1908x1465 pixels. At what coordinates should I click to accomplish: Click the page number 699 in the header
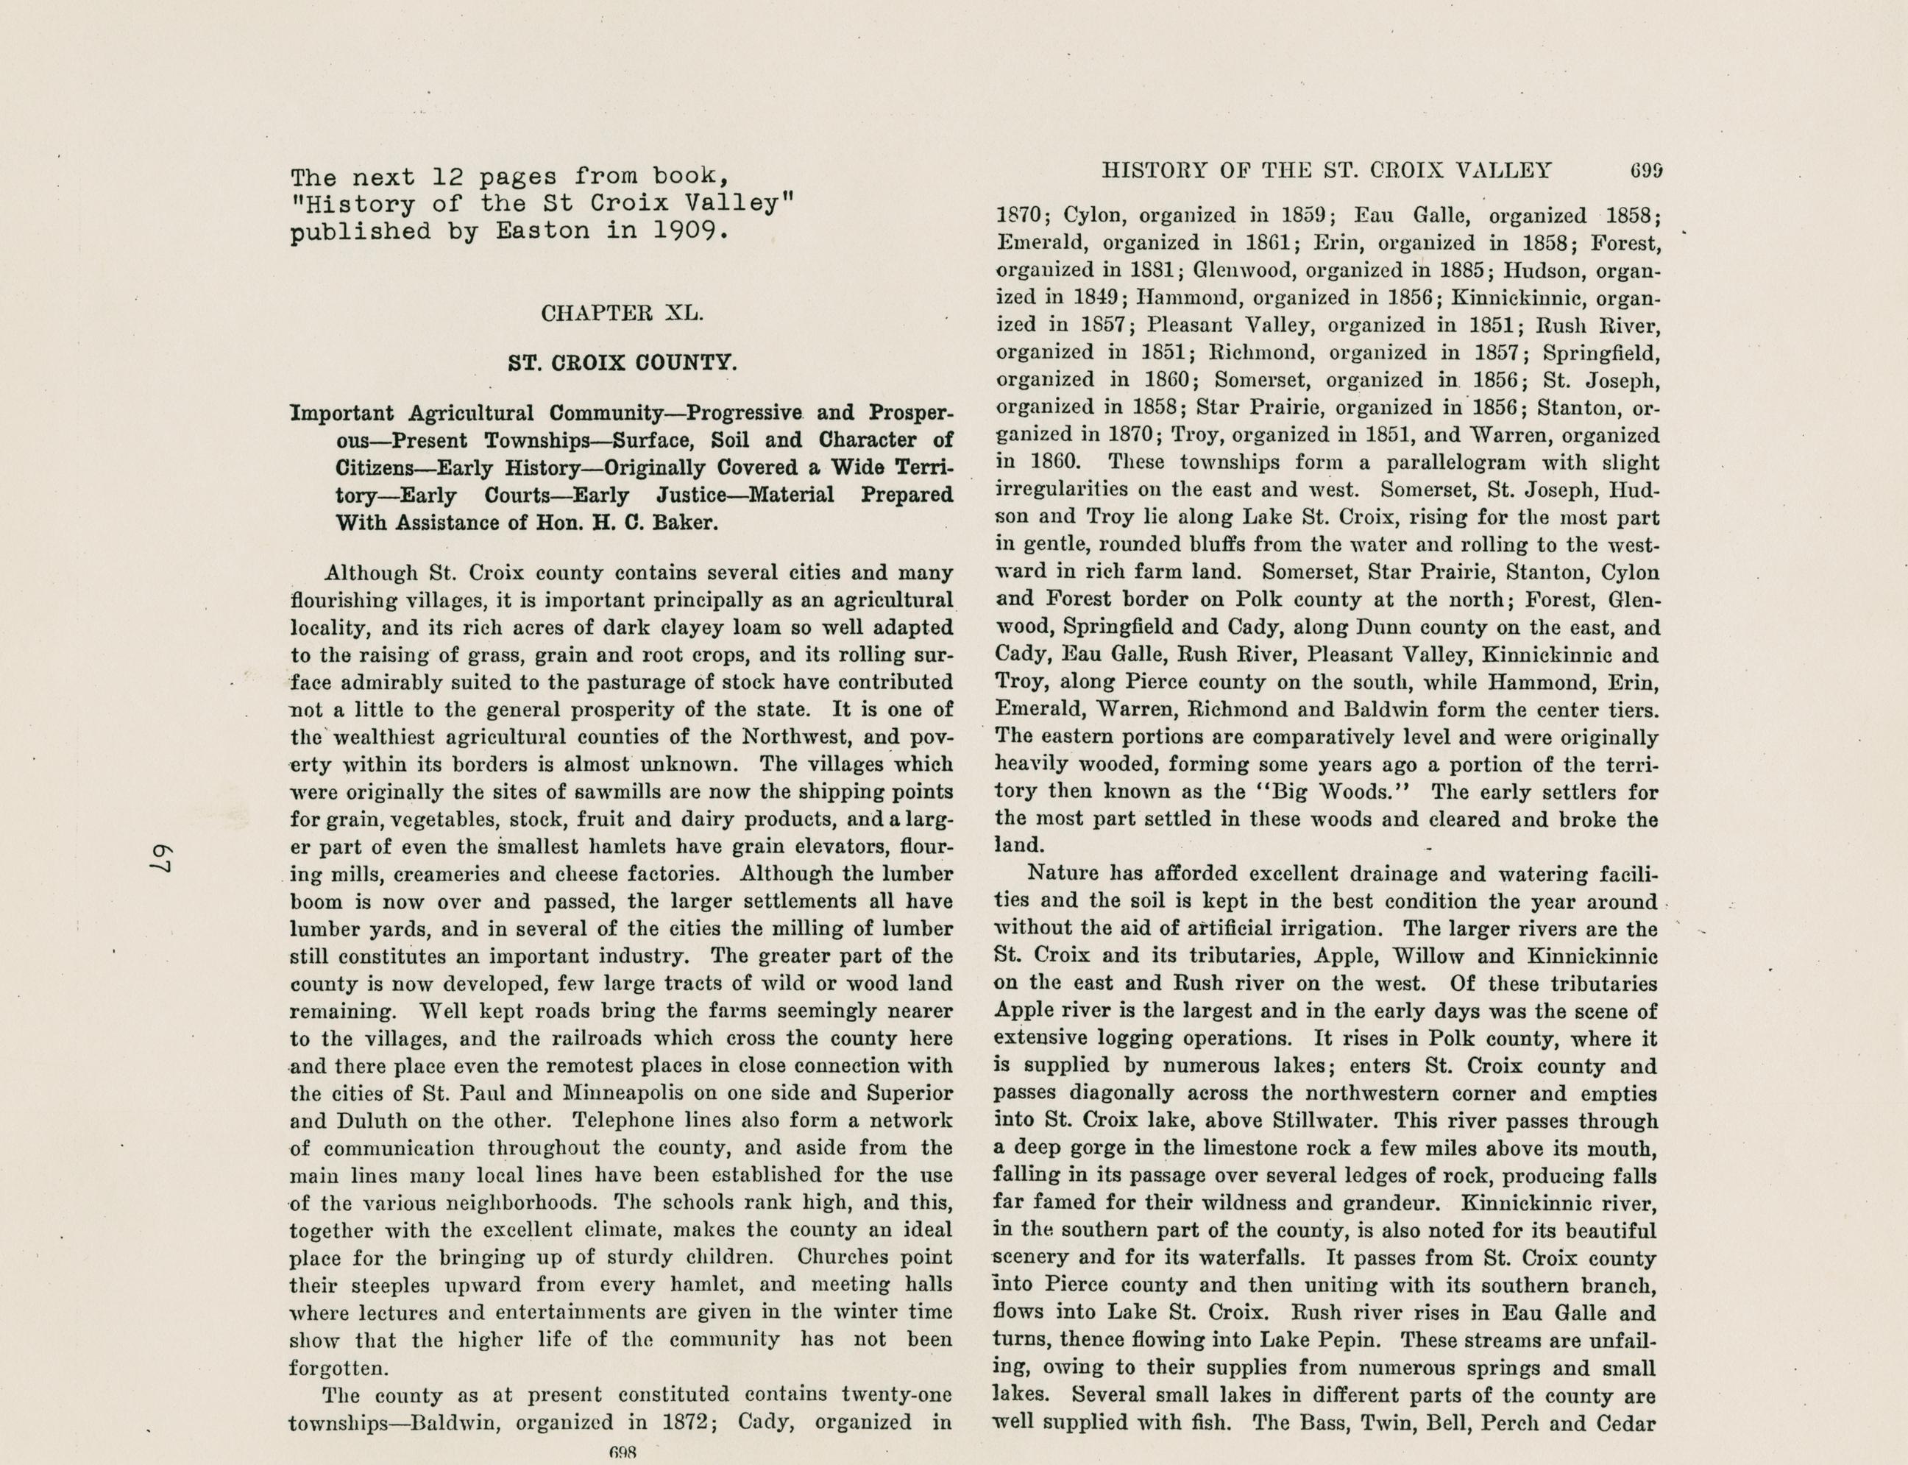tap(1645, 171)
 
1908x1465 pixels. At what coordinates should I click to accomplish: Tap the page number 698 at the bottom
tap(624, 1452)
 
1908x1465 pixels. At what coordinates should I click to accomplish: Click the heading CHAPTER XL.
tap(622, 313)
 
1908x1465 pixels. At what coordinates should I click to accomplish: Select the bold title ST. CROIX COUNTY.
tap(623, 362)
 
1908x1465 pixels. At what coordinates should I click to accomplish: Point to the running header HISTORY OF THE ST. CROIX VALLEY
tap(1327, 171)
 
